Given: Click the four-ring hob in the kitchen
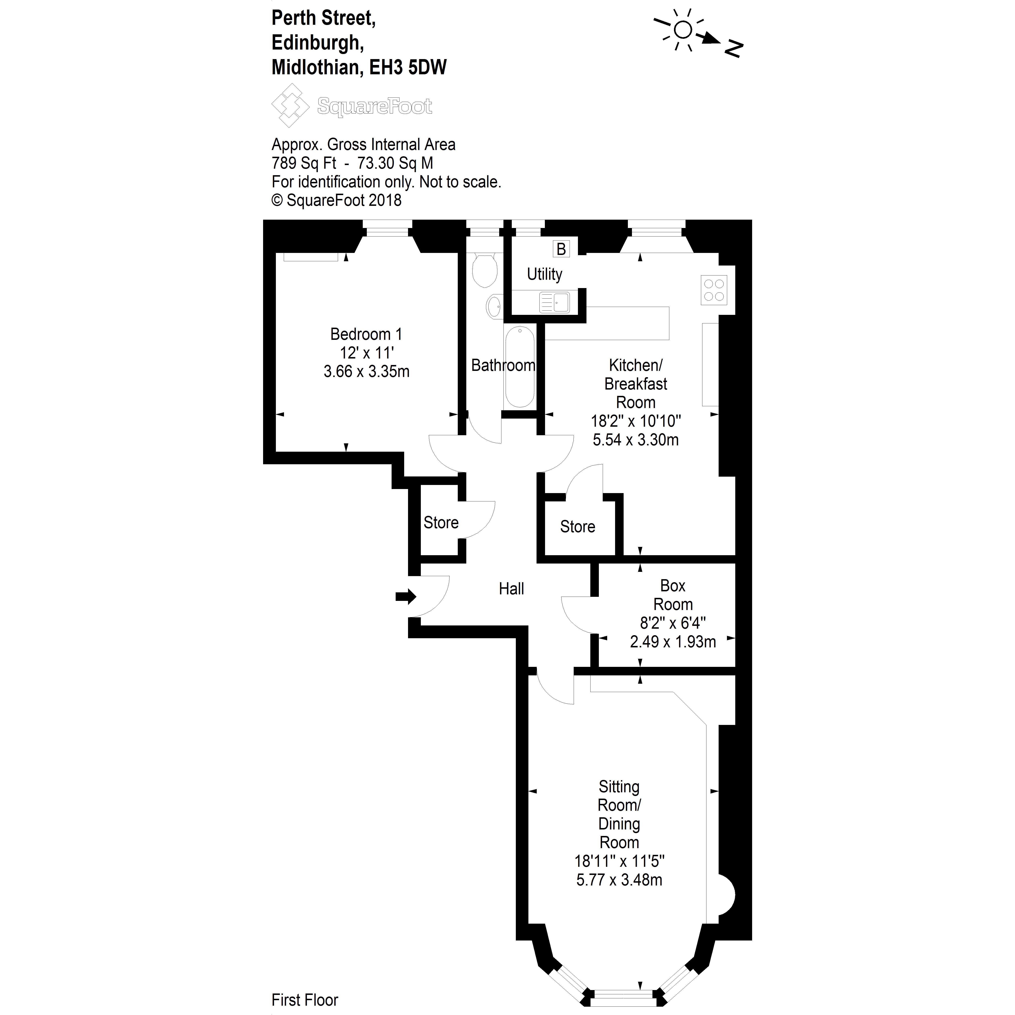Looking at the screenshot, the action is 714,290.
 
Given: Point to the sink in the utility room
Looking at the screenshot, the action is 554,303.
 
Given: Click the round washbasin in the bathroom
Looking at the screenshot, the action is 494,307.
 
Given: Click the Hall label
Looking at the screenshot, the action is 511,589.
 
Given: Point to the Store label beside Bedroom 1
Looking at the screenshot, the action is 441,523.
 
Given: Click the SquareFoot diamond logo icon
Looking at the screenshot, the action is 290,105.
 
